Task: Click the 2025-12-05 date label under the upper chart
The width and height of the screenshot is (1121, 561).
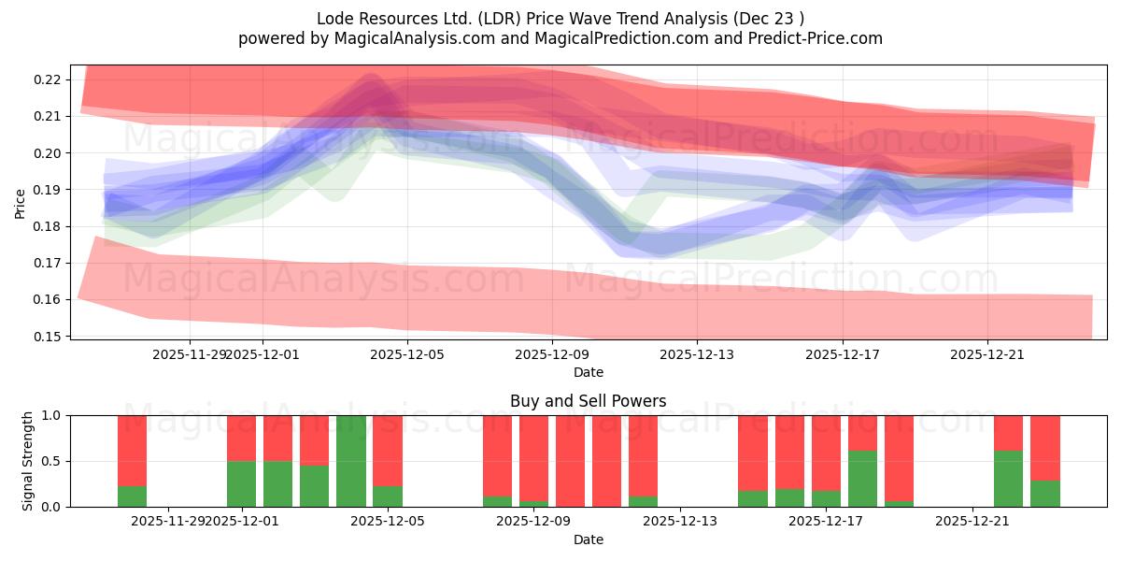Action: point(407,354)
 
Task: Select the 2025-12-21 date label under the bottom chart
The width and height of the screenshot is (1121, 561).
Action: point(972,521)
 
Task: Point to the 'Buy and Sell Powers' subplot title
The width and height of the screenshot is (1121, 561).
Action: point(588,401)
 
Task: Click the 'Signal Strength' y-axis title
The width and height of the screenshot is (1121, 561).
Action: point(28,461)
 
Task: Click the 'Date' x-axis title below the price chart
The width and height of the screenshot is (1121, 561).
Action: point(588,372)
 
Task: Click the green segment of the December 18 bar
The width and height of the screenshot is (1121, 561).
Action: point(862,479)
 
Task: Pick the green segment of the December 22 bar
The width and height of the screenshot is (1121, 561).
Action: point(1008,479)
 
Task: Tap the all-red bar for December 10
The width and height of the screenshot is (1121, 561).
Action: point(570,461)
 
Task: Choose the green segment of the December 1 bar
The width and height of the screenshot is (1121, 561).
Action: point(241,483)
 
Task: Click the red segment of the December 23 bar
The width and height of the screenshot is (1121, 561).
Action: point(1044,448)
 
